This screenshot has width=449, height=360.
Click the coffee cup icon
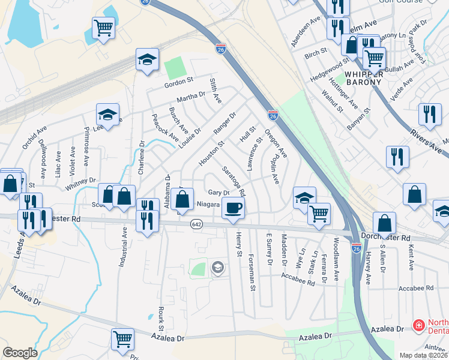pyautogui.click(x=233, y=208)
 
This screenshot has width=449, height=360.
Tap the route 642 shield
pyautogui.click(x=196, y=224)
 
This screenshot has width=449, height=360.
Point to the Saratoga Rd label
pyautogui.click(x=234, y=182)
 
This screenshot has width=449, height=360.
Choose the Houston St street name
pyautogui.click(x=211, y=154)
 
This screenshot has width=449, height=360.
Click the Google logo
pyautogui.click(x=20, y=353)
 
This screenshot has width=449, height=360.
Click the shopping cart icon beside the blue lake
pyautogui.click(x=103, y=28)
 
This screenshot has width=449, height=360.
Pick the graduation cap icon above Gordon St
pyautogui.click(x=146, y=59)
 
